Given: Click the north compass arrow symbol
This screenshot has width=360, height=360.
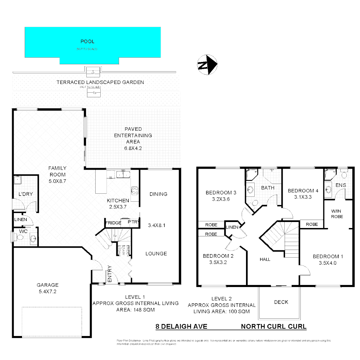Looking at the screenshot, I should coord(207,64).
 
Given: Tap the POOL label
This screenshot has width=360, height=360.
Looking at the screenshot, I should coord(87,42).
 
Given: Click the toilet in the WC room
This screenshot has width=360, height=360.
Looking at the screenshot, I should coord(20,238).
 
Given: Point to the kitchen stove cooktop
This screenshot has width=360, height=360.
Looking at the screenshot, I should coord(135,190).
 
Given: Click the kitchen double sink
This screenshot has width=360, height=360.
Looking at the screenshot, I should coord(123,174).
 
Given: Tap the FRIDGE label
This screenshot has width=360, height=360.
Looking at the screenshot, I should coord(113,223).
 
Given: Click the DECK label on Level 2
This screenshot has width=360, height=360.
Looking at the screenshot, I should coord(281,302).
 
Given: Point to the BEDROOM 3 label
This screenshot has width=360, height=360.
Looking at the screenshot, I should coord(221,193).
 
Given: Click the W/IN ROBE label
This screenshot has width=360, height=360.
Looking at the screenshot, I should coord(337,214).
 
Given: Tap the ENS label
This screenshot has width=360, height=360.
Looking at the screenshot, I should coord(340,185).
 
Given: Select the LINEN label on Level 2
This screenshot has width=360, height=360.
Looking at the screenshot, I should coord(232,227).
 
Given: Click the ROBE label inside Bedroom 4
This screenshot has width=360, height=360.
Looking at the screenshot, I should coord(312,224).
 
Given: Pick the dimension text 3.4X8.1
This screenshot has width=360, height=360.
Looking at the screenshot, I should coord(156,225).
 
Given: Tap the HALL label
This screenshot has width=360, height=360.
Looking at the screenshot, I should coord(265,259).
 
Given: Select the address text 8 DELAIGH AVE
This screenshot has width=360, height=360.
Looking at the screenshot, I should coord(181,327).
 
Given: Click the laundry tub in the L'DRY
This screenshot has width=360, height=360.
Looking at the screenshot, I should coord(17,180).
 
